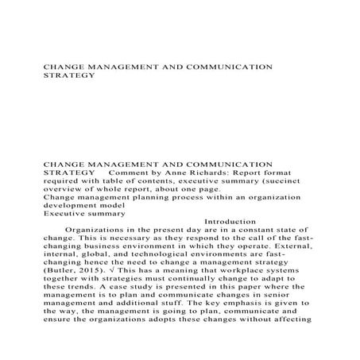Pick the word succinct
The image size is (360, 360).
coord(288,182)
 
